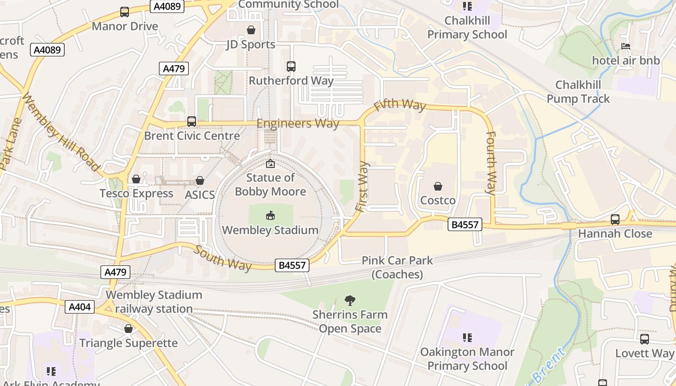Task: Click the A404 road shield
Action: tap(80, 307)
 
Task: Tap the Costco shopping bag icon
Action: tap(438, 186)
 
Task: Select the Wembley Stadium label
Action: tap(270, 230)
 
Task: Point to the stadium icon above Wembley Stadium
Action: tap(270, 216)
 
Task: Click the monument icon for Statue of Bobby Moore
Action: tap(270, 164)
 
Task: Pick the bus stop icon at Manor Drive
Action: tap(125, 12)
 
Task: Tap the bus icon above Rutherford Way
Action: tap(291, 67)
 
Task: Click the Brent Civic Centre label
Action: tap(192, 136)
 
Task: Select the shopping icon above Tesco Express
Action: tap(136, 179)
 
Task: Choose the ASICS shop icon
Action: tap(199, 181)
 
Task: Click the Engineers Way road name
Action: tap(297, 124)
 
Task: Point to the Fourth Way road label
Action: tap(491, 163)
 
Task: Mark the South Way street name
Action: tap(223, 258)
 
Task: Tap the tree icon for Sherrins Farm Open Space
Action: tap(350, 301)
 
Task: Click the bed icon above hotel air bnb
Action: tap(626, 46)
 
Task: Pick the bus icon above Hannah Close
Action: tap(615, 220)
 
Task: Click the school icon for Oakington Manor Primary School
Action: tap(467, 338)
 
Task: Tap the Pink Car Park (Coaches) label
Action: tap(397, 267)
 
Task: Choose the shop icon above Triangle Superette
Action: tap(128, 329)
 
